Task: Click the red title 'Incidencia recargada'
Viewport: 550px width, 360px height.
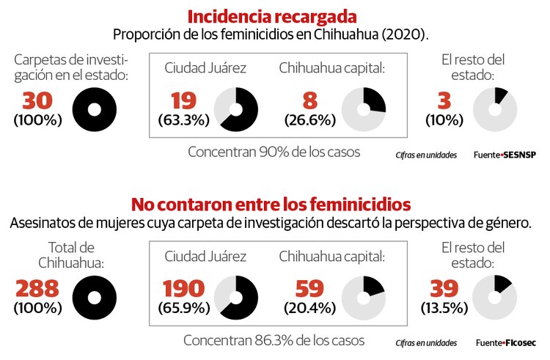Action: click(x=272, y=15)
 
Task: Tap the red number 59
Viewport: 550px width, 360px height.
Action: click(x=309, y=288)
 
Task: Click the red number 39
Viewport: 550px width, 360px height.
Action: click(x=444, y=288)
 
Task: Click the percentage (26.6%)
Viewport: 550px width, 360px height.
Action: click(x=309, y=119)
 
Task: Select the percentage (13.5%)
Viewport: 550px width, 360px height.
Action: click(x=444, y=306)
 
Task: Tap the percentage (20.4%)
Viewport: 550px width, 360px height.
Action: click(x=309, y=306)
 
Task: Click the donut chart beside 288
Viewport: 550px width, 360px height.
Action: click(x=95, y=297)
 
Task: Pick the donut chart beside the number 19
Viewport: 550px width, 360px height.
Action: click(x=235, y=109)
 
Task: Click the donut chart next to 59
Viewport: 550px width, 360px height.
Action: click(x=364, y=297)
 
